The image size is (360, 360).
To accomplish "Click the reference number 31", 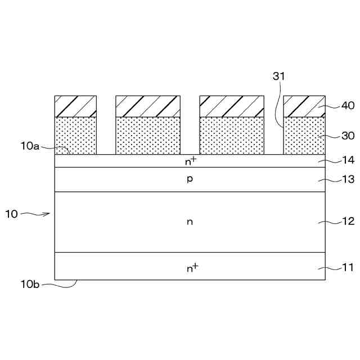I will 279,76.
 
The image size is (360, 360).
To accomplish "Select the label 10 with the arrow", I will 12,214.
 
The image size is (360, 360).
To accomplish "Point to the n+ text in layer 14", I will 190,161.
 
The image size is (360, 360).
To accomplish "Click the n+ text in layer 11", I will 192,268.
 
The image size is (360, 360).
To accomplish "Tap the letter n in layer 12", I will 190,222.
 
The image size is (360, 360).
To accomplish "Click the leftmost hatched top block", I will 76,106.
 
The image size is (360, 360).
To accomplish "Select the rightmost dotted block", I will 304,136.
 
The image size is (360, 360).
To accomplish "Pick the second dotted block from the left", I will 148,136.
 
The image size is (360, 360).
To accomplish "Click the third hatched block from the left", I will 232,106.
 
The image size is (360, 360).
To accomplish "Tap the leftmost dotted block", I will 76,136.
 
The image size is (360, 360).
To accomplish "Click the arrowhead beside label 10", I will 49,213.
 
